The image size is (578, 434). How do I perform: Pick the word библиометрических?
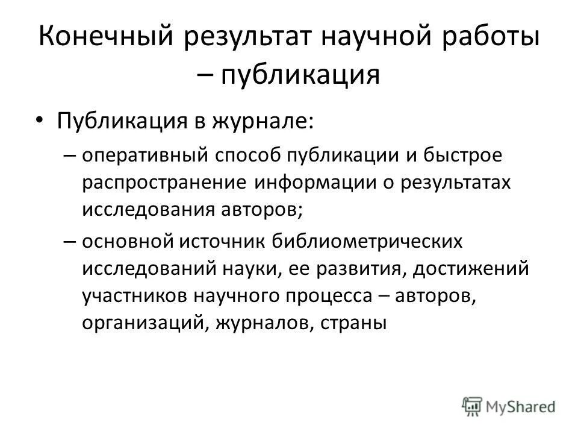pos(368,242)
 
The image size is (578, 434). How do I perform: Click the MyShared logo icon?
pos(471,405)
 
